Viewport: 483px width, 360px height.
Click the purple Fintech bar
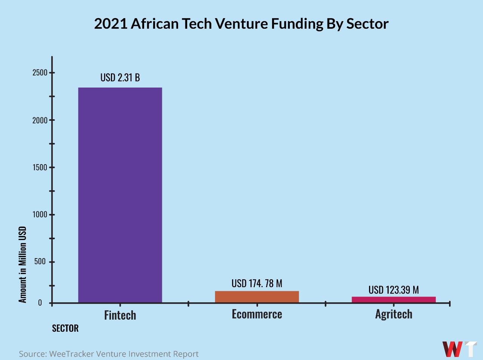coord(120,195)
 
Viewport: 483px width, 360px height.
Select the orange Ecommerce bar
coord(257,297)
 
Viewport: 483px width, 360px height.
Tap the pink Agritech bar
coord(394,300)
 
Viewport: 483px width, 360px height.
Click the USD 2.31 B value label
coord(120,78)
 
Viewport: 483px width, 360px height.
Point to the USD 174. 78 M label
coord(257,283)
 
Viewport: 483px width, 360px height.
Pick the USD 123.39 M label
coord(394,290)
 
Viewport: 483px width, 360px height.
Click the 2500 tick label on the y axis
coord(40,73)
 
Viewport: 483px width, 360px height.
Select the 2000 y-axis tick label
coord(40,120)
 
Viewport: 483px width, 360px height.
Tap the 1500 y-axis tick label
coord(40,168)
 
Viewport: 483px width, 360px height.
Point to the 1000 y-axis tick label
coord(40,215)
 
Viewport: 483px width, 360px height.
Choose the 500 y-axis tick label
coord(40,262)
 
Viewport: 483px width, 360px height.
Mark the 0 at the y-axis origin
coord(40,303)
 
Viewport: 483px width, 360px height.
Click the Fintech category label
coord(120,315)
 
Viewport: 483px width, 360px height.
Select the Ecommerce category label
coord(257,314)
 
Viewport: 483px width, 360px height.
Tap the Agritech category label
coord(394,314)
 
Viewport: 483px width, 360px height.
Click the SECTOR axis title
coord(65,328)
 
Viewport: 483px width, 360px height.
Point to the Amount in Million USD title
coord(23,264)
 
